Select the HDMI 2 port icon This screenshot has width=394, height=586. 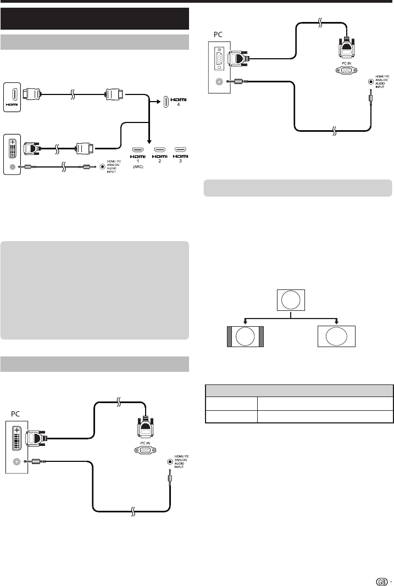159,149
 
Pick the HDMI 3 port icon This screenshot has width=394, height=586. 179,149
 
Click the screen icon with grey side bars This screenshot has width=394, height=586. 245,337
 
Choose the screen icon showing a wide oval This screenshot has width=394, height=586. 337,337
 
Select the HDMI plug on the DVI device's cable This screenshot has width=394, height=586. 85,148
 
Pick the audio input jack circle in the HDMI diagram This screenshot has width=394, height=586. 102,166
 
